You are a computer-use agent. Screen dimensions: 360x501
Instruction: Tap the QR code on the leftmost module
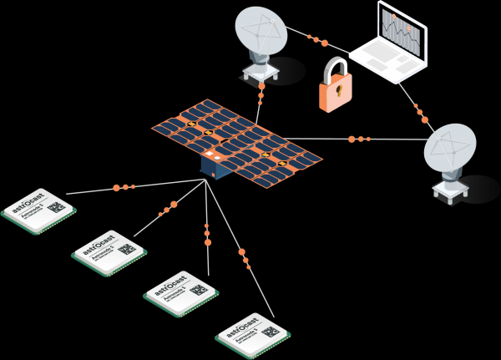click(55, 206)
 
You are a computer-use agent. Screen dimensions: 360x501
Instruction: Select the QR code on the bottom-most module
click(270, 331)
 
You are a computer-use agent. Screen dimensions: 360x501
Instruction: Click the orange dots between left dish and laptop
click(316, 38)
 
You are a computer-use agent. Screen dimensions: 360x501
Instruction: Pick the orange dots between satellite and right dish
click(359, 139)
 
